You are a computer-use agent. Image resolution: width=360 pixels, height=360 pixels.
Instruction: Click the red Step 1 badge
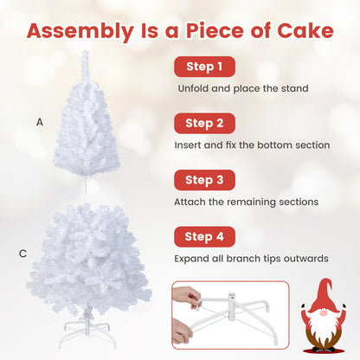[x=203, y=67]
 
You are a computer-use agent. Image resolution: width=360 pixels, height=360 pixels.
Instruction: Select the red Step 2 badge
[x=204, y=123]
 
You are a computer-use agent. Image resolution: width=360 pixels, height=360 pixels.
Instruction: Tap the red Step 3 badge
[x=204, y=180]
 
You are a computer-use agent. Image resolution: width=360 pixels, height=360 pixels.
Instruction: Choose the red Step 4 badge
[x=204, y=236]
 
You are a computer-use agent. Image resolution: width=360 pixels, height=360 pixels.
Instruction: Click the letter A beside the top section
[x=40, y=122]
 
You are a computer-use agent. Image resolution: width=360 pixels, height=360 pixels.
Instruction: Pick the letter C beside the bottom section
[x=23, y=254]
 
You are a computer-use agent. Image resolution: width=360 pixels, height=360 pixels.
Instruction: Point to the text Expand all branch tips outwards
[x=251, y=258]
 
